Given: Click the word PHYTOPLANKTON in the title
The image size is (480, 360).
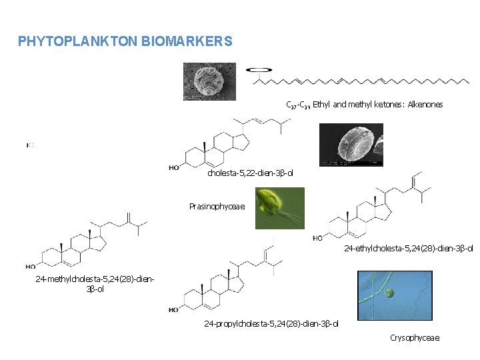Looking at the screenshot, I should coord(78,41).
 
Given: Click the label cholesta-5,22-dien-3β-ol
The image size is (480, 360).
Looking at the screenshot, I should coord(250,173).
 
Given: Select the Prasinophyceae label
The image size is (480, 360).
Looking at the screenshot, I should coord(217,206).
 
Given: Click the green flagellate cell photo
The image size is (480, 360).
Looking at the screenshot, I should coord(279,208).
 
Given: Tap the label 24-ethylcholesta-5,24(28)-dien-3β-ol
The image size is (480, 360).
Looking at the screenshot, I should coord(408,249).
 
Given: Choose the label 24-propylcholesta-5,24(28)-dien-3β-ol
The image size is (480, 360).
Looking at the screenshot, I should coord(271,324).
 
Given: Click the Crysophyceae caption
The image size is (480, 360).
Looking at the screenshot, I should coord(415,338).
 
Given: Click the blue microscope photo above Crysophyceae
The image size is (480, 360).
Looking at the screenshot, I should coord(395,295).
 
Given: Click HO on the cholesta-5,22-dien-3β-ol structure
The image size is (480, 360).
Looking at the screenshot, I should coord(174,168).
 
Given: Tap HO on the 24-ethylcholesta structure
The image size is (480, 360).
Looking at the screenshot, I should coord(319,238).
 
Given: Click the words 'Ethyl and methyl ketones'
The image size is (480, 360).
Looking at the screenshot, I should coord(357,105).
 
